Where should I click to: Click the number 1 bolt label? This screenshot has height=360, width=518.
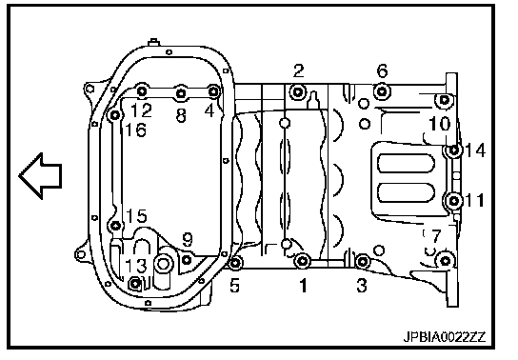[303, 286]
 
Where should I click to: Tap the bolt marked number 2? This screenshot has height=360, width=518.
[298, 92]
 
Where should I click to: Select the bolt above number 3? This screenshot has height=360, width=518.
[363, 262]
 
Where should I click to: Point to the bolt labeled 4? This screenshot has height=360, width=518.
[213, 91]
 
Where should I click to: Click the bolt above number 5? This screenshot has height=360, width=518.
[235, 263]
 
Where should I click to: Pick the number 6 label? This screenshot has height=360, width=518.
[382, 70]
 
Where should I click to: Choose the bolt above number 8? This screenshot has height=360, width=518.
[181, 93]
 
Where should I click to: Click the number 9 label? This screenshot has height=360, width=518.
[188, 239]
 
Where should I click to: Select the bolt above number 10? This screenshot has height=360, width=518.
[445, 99]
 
